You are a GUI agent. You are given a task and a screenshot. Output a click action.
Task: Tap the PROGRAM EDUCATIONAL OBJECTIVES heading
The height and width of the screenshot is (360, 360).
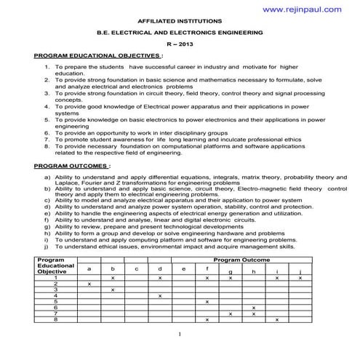97,55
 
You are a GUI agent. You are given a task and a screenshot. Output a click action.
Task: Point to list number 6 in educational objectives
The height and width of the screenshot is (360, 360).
47,134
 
